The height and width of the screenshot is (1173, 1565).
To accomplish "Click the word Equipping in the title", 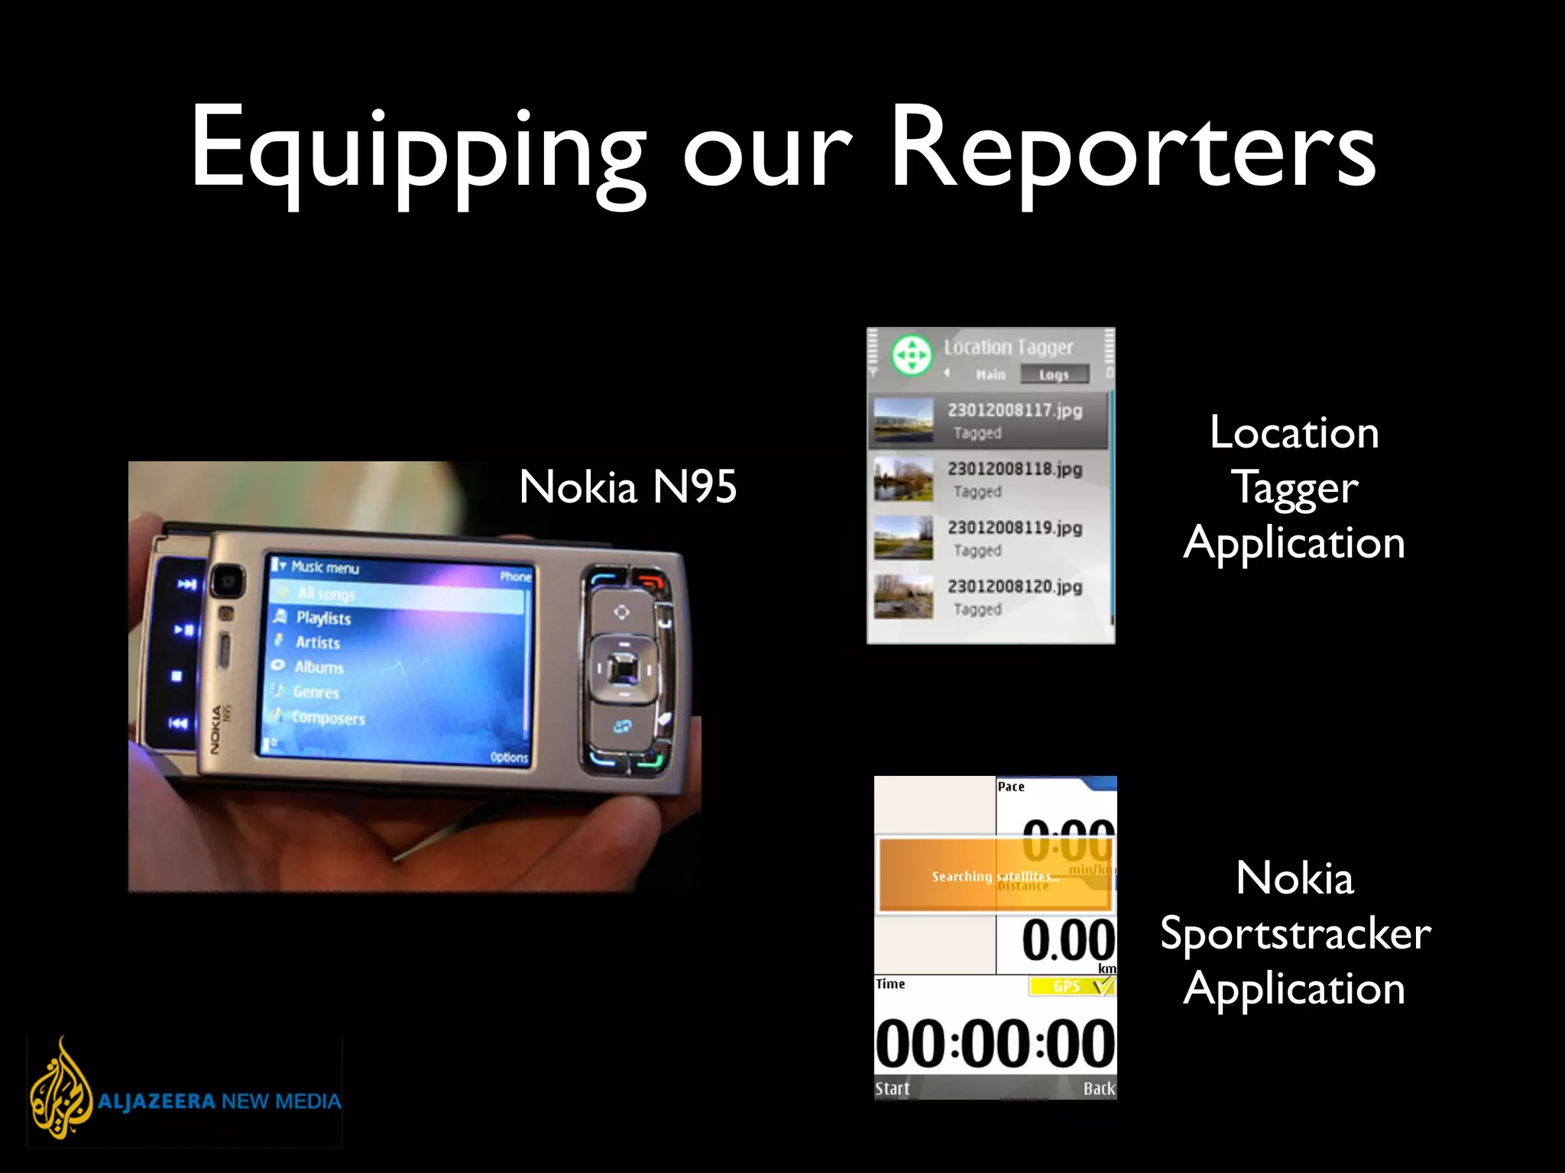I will point(417,153).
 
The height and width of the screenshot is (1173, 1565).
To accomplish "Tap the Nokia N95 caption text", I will point(627,486).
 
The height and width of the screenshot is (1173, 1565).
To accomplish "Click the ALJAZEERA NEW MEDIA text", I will point(219,1101).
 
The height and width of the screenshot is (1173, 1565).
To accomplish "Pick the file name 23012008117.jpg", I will point(1015,410).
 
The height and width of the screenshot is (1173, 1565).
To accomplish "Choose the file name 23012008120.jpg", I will point(1015,586).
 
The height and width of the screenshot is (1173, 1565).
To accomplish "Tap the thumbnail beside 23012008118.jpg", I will point(903,479).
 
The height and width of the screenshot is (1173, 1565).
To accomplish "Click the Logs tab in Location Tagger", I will point(1054,375).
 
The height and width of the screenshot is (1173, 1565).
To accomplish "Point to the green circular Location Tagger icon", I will point(912,355).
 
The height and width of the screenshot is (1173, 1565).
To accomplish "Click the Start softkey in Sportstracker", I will point(893,1088).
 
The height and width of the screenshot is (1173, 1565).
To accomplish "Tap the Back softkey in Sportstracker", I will point(1099,1088).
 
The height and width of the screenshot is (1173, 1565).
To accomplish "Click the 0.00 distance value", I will point(1068,940).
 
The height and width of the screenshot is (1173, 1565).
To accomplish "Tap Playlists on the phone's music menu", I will point(323,618).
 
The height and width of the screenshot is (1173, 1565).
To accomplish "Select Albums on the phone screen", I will point(319,667).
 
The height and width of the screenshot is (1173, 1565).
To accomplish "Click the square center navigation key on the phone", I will point(624,670).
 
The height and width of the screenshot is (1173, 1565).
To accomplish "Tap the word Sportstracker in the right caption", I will point(1295,933).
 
